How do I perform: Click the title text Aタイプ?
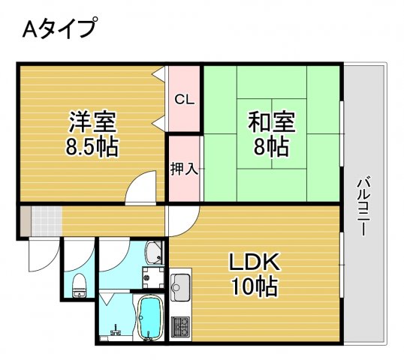(59, 29)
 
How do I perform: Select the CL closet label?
(185, 99)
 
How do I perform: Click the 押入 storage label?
(184, 169)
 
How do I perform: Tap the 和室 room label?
(272, 121)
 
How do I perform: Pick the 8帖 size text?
(272, 145)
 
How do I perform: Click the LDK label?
(255, 262)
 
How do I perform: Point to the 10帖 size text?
(255, 286)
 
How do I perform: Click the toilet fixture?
(78, 284)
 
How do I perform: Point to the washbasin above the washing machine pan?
(154, 253)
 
